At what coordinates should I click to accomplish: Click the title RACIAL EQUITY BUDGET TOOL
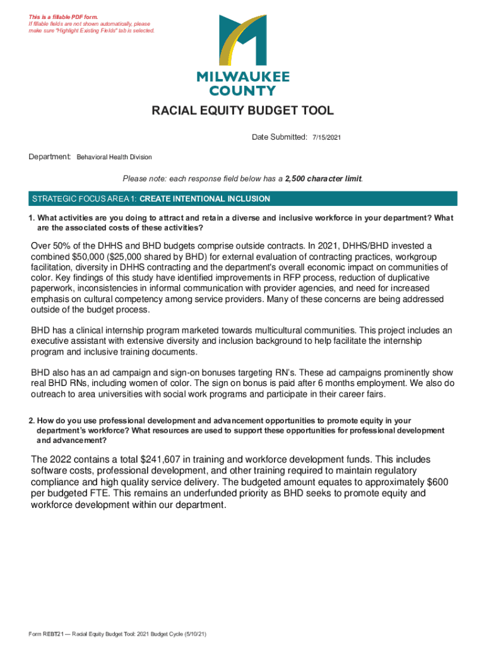point(242,112)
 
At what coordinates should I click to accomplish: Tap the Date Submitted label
point(279,136)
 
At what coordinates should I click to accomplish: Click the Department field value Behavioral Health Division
point(114,157)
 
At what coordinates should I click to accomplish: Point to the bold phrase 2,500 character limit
point(323,179)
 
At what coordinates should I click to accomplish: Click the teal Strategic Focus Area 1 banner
point(243,198)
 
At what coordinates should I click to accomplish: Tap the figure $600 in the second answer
point(436,482)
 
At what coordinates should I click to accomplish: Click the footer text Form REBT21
point(42,633)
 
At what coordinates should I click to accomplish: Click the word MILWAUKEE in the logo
point(243,76)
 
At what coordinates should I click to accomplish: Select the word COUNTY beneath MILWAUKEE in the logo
point(242,91)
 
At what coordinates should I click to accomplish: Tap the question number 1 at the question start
point(30,219)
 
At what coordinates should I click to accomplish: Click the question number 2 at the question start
point(30,421)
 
